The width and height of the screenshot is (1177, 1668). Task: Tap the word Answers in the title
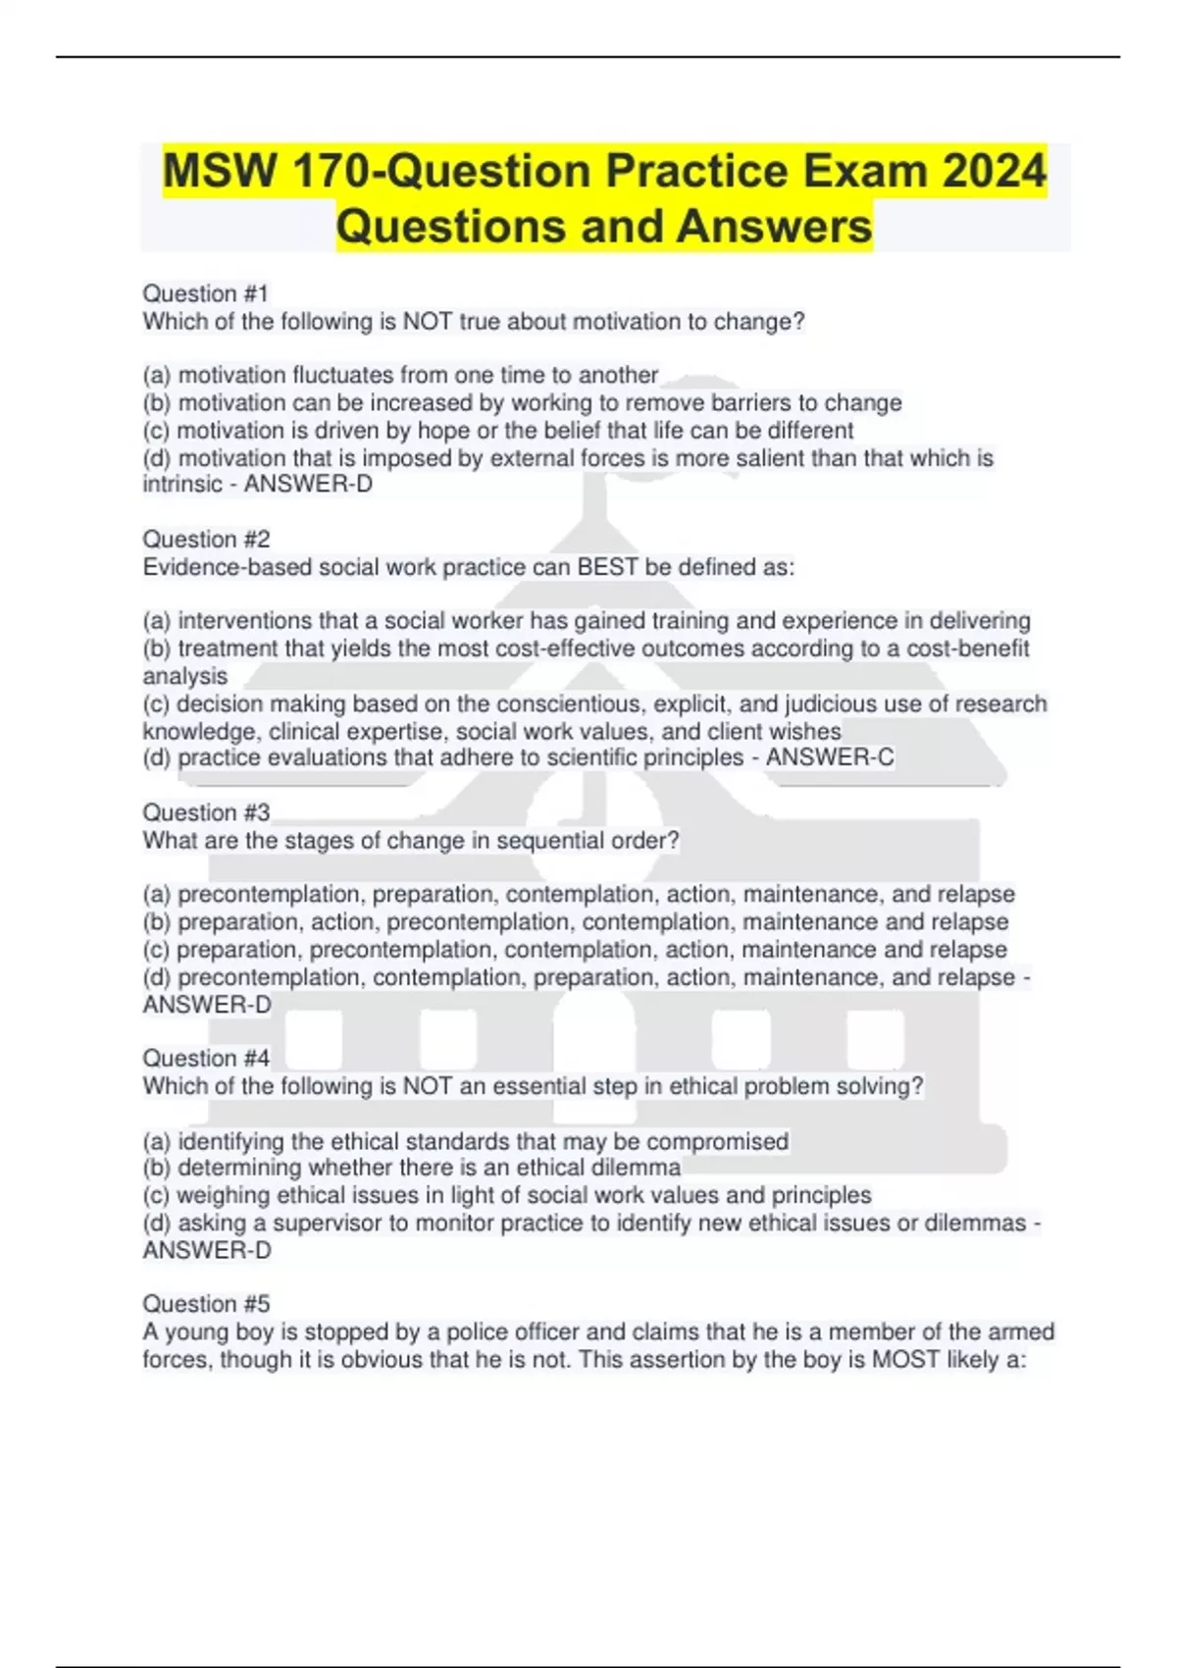(x=773, y=226)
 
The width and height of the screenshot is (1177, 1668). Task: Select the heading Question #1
(x=205, y=293)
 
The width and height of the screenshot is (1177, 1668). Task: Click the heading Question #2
(x=206, y=539)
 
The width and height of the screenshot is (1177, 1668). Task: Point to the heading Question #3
(x=206, y=812)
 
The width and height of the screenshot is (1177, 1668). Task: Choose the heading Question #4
(x=206, y=1058)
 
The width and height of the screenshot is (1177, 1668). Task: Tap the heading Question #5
(x=206, y=1303)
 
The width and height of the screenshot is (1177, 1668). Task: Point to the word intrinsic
(x=182, y=484)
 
